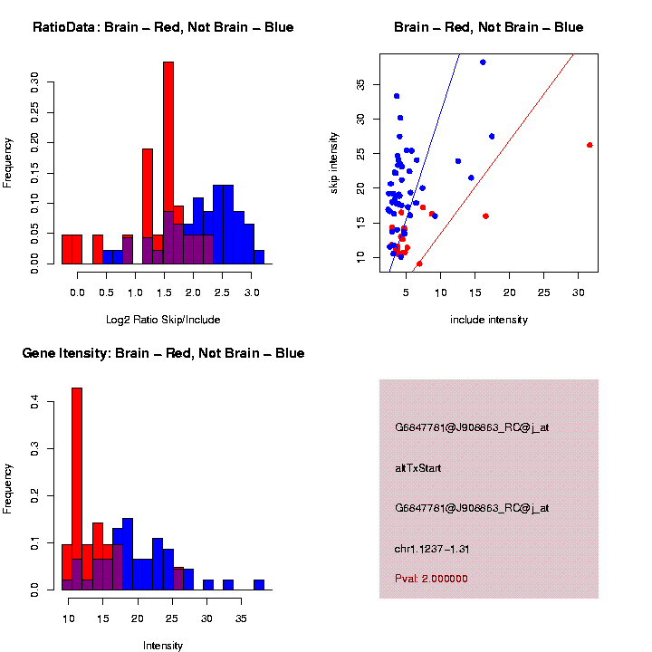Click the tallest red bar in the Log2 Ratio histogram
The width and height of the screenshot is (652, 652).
pyautogui.click(x=168, y=163)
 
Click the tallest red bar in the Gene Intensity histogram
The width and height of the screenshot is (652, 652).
pyautogui.click(x=77, y=489)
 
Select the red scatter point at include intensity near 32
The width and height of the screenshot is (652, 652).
pyautogui.click(x=590, y=145)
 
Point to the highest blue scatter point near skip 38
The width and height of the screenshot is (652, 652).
pyautogui.click(x=483, y=62)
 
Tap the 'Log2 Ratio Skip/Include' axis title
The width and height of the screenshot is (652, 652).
pyautogui.click(x=163, y=320)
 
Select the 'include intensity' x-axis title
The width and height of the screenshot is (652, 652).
pyautogui.click(x=489, y=320)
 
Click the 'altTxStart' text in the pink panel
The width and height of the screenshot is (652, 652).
pyautogui.click(x=418, y=468)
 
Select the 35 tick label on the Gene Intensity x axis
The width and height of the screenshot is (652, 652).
pyautogui.click(x=242, y=618)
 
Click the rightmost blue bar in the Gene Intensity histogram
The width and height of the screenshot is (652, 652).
pyautogui.click(x=259, y=585)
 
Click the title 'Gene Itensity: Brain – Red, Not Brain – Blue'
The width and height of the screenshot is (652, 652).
pyautogui.click(x=163, y=353)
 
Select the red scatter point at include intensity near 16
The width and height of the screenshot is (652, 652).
pyautogui.click(x=485, y=216)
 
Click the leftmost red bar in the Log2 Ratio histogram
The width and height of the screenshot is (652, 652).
pyautogui.click(x=67, y=249)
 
